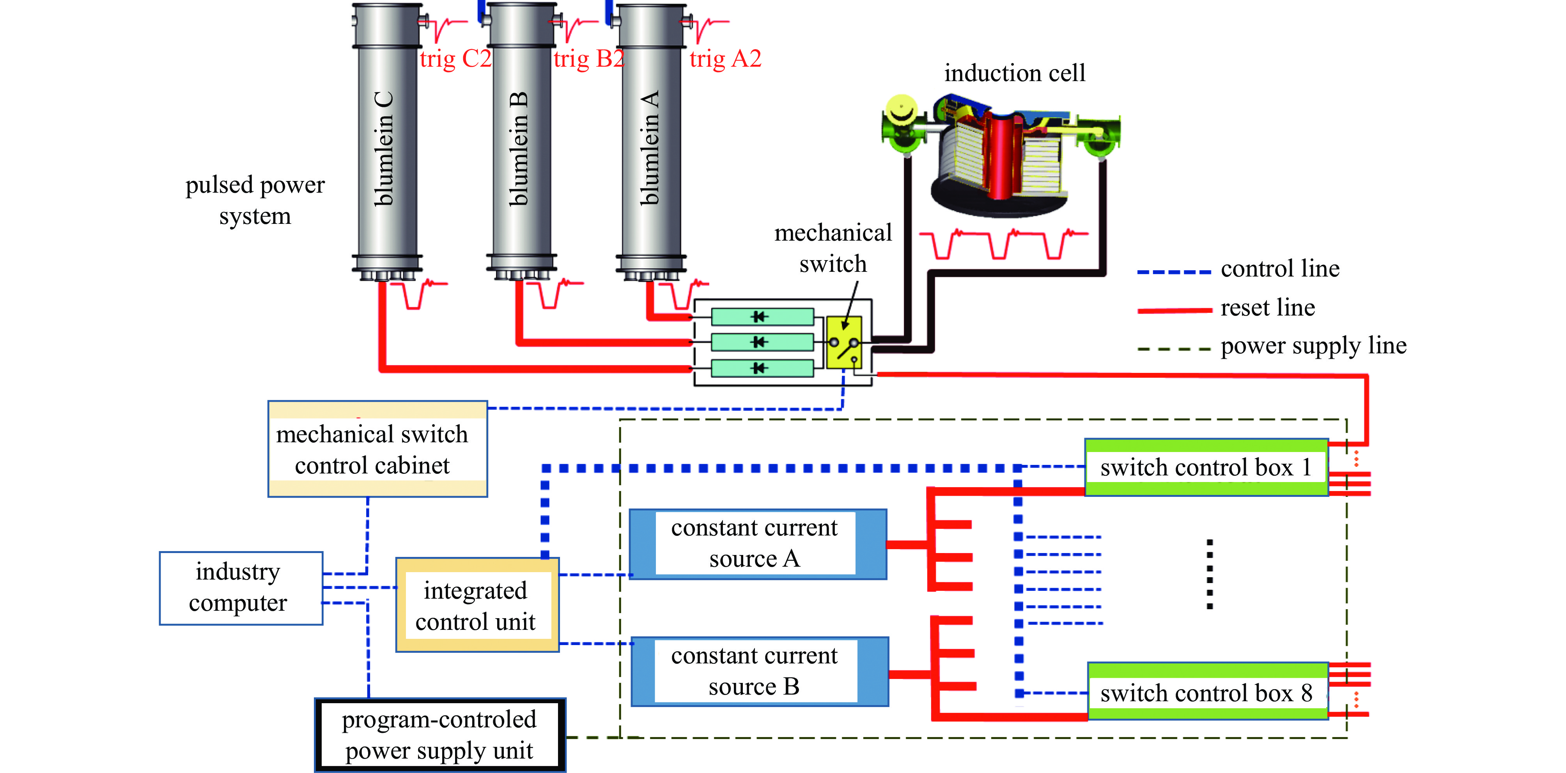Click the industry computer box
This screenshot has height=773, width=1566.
[x=241, y=588]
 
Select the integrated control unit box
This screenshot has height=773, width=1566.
[x=477, y=605]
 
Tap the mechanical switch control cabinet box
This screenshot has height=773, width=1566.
[x=377, y=449]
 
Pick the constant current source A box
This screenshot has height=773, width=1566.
[x=758, y=544]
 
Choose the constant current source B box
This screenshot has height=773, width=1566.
[x=760, y=672]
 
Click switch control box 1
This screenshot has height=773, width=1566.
[x=1207, y=467]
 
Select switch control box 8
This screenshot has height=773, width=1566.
[x=1208, y=691]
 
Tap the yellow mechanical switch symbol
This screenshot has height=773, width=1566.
[x=844, y=342]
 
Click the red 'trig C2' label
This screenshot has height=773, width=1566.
[x=455, y=59]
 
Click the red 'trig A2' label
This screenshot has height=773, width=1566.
[x=725, y=59]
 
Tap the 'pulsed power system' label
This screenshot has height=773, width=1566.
[x=255, y=200]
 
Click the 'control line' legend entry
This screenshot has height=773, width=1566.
[x=1238, y=269]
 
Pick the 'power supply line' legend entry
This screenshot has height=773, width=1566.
[x=1272, y=346]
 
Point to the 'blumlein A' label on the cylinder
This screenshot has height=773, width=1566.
[x=650, y=148]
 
